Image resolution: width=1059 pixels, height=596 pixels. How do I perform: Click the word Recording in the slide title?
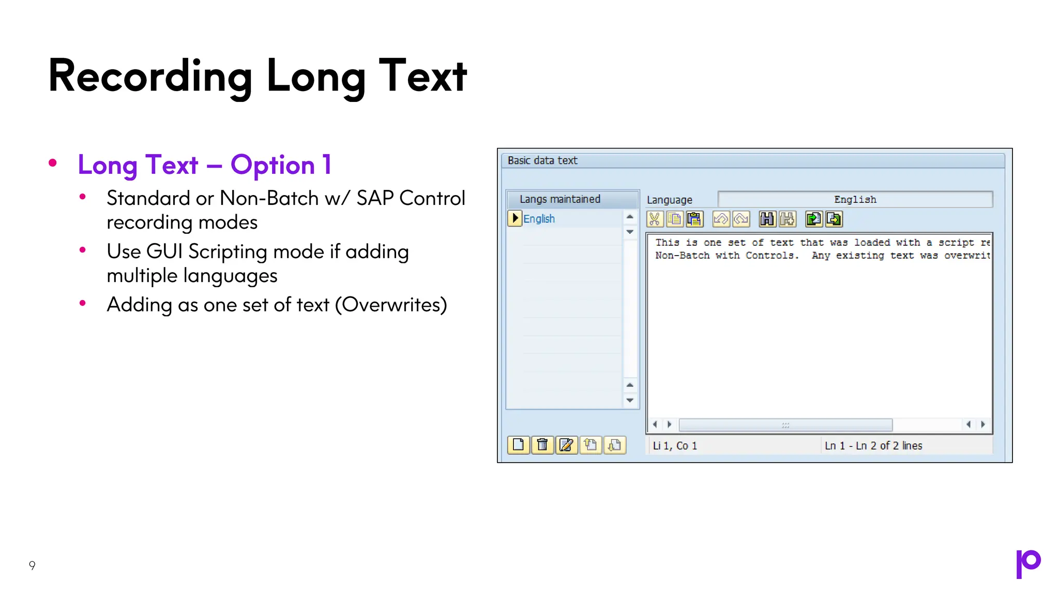[150, 77]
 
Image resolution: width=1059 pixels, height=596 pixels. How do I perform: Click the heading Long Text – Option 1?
[204, 165]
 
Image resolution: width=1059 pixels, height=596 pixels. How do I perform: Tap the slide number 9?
[32, 565]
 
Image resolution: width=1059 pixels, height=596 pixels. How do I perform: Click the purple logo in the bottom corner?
[1028, 563]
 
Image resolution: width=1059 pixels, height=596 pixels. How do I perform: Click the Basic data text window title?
[542, 160]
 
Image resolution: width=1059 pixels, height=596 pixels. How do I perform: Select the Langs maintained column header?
[560, 199]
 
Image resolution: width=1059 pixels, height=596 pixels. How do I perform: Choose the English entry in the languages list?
[539, 219]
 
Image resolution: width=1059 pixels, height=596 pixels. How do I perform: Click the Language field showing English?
[855, 200]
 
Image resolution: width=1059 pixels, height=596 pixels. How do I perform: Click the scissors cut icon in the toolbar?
[655, 219]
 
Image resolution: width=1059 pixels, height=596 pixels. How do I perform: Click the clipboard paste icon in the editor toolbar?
[695, 219]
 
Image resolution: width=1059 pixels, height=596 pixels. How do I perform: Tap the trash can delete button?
[542, 445]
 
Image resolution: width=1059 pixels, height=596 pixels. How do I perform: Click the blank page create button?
[518, 445]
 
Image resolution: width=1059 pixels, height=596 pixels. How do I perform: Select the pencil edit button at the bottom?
[566, 445]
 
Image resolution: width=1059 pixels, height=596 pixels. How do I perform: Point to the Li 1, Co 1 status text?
[675, 445]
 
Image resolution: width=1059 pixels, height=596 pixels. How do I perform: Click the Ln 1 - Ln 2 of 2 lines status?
[873, 445]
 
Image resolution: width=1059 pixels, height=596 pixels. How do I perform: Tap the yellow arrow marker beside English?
[515, 218]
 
